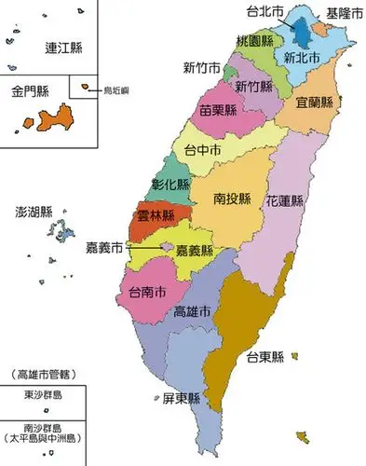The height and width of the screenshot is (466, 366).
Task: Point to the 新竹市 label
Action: pos(201,68)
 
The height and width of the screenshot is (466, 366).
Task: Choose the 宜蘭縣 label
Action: pos(315,101)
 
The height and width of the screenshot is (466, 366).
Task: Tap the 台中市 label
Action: pos(202,149)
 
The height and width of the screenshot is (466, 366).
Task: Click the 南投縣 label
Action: pos(233,199)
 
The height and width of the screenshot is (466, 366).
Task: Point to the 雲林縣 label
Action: pos(156,215)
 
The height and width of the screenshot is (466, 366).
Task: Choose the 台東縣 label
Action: pos(265,356)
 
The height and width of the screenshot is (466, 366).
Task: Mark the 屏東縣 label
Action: pos(181,398)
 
